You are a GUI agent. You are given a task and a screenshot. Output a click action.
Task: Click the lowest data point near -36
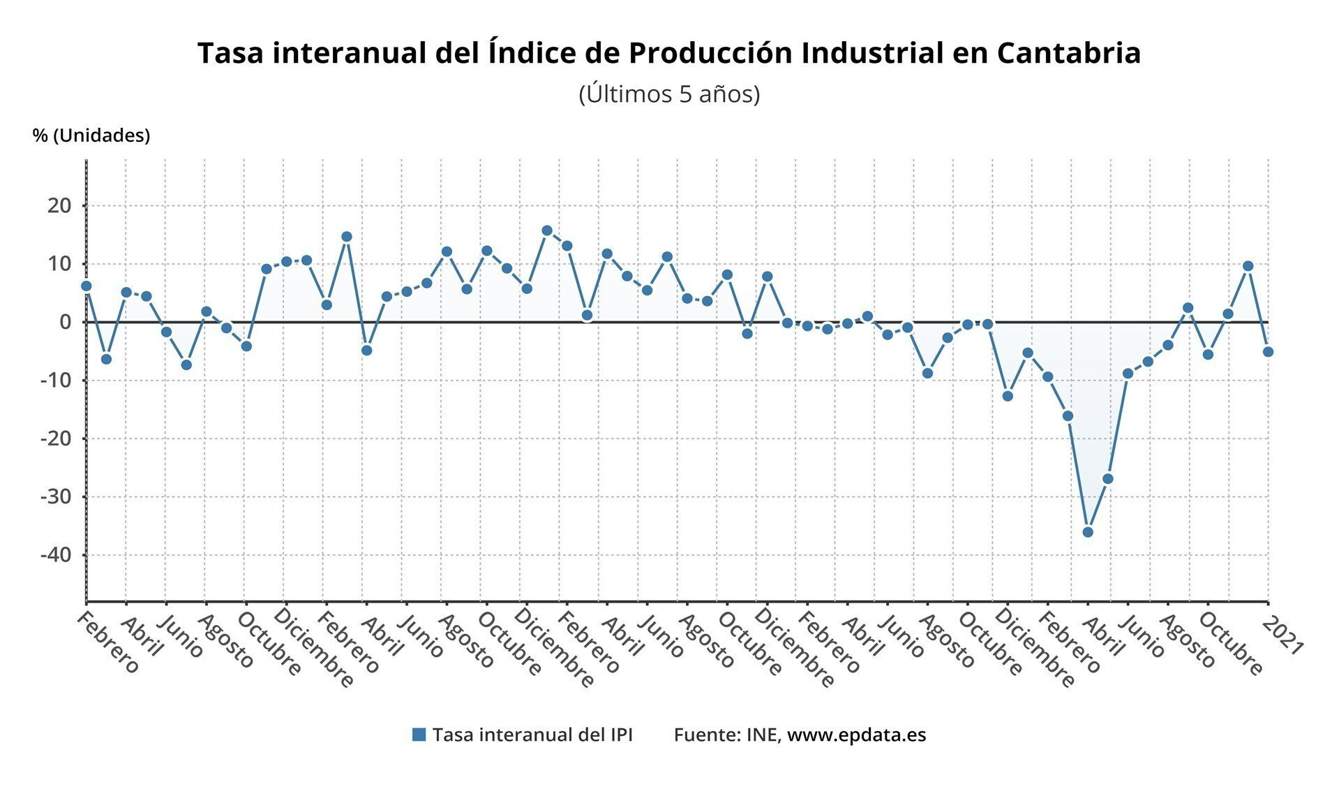pyautogui.click(x=1087, y=532)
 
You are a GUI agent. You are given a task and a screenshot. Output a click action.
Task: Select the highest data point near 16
pyautogui.click(x=547, y=230)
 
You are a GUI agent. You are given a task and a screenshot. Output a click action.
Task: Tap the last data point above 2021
pyautogui.click(x=1268, y=352)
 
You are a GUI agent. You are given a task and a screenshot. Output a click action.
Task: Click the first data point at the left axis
pyautogui.click(x=86, y=286)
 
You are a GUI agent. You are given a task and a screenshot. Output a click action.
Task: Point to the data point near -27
pyautogui.click(x=1107, y=479)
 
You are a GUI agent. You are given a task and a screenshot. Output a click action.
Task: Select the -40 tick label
pyautogui.click(x=56, y=555)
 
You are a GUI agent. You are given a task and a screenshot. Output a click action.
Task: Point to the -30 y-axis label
pyautogui.click(x=56, y=497)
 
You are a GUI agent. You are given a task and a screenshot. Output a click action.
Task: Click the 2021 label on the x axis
pyautogui.click(x=1284, y=636)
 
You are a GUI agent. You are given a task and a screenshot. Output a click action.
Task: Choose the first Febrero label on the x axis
pyautogui.click(x=108, y=642)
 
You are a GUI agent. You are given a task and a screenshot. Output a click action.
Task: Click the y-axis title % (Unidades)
pyautogui.click(x=91, y=135)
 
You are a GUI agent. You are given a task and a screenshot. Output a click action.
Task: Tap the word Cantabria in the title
pyautogui.click(x=1069, y=53)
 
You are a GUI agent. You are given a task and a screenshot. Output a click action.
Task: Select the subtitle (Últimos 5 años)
pyautogui.click(x=669, y=94)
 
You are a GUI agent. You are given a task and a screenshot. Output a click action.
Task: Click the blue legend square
pyautogui.click(x=419, y=735)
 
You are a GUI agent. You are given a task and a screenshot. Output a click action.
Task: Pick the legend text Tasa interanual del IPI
pyautogui.click(x=532, y=735)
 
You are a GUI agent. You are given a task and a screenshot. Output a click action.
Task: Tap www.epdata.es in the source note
pyautogui.click(x=856, y=735)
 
